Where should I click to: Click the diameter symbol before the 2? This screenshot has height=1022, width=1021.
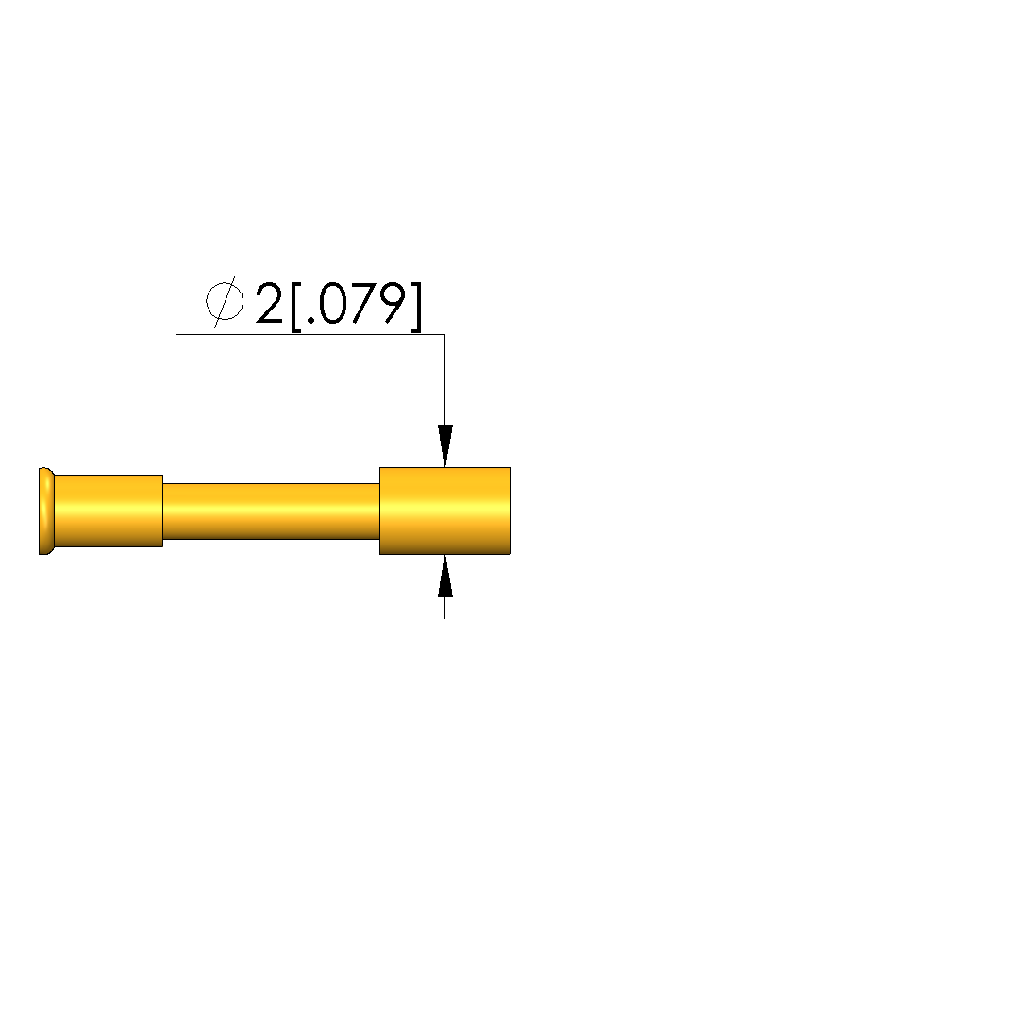(x=225, y=302)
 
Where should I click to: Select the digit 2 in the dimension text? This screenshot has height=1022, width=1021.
(x=269, y=304)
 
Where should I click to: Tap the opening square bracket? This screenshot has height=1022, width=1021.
(x=295, y=307)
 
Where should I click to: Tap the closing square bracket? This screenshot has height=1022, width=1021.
(x=416, y=307)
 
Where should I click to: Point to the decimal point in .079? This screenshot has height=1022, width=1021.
(x=310, y=320)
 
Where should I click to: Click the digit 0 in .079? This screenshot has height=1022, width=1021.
(x=333, y=304)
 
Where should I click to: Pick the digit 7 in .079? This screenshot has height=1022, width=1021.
(x=363, y=304)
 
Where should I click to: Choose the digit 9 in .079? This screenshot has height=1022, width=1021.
(x=393, y=304)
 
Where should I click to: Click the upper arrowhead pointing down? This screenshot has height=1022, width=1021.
(x=445, y=445)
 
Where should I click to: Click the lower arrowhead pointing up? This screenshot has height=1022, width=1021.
(x=445, y=576)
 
